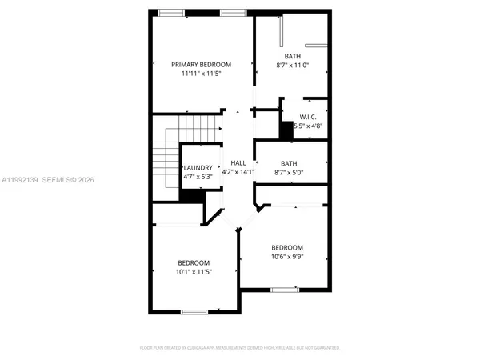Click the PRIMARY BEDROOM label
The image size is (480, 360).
[202, 64]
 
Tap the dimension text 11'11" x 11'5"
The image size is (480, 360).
[202, 73]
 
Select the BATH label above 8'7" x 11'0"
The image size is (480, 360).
[291, 56]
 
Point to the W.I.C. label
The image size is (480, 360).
[309, 117]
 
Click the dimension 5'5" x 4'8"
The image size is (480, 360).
[309, 126]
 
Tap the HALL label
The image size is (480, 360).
[238, 162]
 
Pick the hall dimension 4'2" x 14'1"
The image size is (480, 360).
[238, 171]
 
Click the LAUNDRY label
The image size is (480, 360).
[197, 167]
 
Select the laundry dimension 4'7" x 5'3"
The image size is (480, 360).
[197, 176]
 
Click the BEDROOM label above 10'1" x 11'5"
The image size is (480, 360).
[194, 263]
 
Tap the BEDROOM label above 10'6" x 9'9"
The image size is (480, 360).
[287, 247]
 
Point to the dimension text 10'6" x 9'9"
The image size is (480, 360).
[287, 257]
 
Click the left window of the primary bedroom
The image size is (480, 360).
[170, 11]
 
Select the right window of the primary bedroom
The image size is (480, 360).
[233, 11]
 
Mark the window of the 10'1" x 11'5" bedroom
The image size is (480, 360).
[193, 311]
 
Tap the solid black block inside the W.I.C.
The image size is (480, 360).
[285, 130]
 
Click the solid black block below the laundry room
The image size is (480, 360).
[190, 196]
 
